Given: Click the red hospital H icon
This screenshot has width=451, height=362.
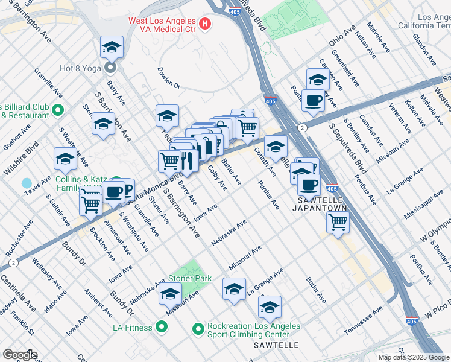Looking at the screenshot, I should click(206, 24).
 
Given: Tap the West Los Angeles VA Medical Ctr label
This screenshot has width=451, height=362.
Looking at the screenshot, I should click(163, 24).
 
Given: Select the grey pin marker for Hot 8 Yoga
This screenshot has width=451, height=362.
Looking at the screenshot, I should click(110, 66).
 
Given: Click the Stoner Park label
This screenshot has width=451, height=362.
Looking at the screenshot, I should click(190, 278).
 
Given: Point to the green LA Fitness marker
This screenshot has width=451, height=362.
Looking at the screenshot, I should click(161, 328).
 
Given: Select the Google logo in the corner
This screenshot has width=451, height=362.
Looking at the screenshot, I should click(19, 355).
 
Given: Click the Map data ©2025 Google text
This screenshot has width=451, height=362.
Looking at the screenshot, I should click(414, 357).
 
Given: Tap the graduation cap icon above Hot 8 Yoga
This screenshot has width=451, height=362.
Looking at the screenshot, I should click(112, 46).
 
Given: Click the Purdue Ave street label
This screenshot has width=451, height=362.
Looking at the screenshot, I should click(269, 195).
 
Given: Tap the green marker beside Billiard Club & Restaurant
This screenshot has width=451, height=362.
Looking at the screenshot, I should click(58, 110).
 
